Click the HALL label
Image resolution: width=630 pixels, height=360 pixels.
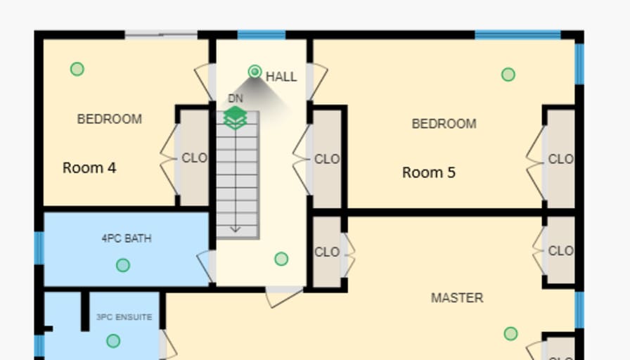click(x=281, y=77)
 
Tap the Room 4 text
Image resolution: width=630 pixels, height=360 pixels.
click(x=89, y=167)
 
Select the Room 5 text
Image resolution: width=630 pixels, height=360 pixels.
click(x=429, y=172)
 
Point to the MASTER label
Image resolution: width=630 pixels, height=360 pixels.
click(x=457, y=297)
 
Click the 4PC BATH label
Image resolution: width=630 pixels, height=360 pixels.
click(x=127, y=238)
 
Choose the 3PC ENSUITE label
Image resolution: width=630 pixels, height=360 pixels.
click(x=124, y=317)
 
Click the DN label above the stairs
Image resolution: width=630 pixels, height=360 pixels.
click(x=236, y=98)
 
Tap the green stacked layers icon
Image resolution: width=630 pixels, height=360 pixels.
click(x=235, y=117)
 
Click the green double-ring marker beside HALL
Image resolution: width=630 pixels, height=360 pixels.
click(x=255, y=72)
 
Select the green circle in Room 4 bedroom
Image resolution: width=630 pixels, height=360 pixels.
click(x=77, y=69)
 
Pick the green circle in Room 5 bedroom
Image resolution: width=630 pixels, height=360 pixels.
click(x=508, y=75)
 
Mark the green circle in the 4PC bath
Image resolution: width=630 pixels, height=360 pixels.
click(x=123, y=265)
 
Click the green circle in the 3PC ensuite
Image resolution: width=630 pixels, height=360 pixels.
click(x=113, y=341)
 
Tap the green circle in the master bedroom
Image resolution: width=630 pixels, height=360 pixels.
click(x=510, y=333)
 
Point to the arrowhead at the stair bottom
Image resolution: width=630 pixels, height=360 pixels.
click(x=235, y=229)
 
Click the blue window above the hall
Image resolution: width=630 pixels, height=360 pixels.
click(x=262, y=35)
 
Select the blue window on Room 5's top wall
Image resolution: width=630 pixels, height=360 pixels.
click(x=517, y=35)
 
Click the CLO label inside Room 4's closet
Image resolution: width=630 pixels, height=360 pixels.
click(x=195, y=158)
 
